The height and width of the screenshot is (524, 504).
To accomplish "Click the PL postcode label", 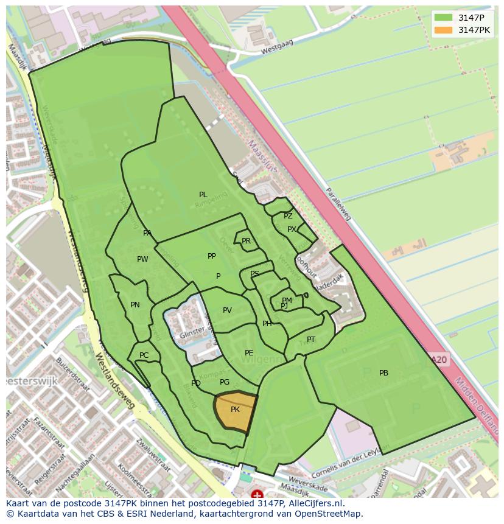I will coord(203,195).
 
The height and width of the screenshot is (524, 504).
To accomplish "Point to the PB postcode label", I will coord(383,373).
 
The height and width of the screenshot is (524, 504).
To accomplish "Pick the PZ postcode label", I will coord(288,216).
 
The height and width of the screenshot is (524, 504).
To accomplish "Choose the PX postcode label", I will coord(292,229).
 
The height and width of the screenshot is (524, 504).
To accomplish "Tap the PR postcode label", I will coord(246,241).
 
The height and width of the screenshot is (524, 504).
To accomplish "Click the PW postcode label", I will coord(142,259).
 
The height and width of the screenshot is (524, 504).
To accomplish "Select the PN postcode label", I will coord(135,305).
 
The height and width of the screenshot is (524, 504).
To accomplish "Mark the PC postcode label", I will coord(144,355).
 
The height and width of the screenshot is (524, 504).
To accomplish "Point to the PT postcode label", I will coord(311,340).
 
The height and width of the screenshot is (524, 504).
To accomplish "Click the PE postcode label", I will coord(249,353).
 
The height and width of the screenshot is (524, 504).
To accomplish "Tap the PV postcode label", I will coord(227,310).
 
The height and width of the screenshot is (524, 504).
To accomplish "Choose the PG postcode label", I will coord(225,382).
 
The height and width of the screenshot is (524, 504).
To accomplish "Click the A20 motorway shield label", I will coord(439,360).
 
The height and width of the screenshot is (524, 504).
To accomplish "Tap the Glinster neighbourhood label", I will coord(192,335).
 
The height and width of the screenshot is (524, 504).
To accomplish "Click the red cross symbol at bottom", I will coord(257,495).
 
